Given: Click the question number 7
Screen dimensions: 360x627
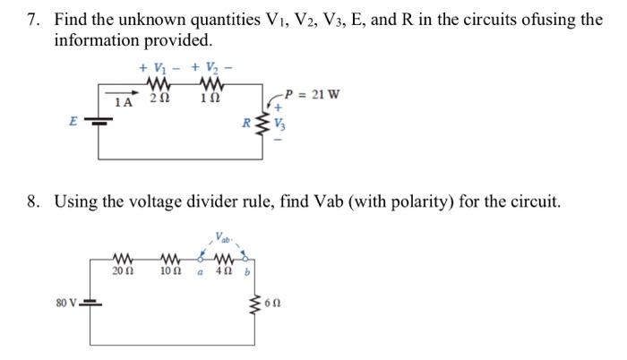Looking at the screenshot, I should pyautogui.click(x=32, y=20).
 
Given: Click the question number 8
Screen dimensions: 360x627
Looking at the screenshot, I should pyautogui.click(x=32, y=201).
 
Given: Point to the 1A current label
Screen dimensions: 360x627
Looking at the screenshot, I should pyautogui.click(x=125, y=104).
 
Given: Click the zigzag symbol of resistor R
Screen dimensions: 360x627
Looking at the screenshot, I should pyautogui.click(x=262, y=125).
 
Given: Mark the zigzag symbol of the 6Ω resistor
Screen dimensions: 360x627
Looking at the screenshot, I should pyautogui.click(x=262, y=300).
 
